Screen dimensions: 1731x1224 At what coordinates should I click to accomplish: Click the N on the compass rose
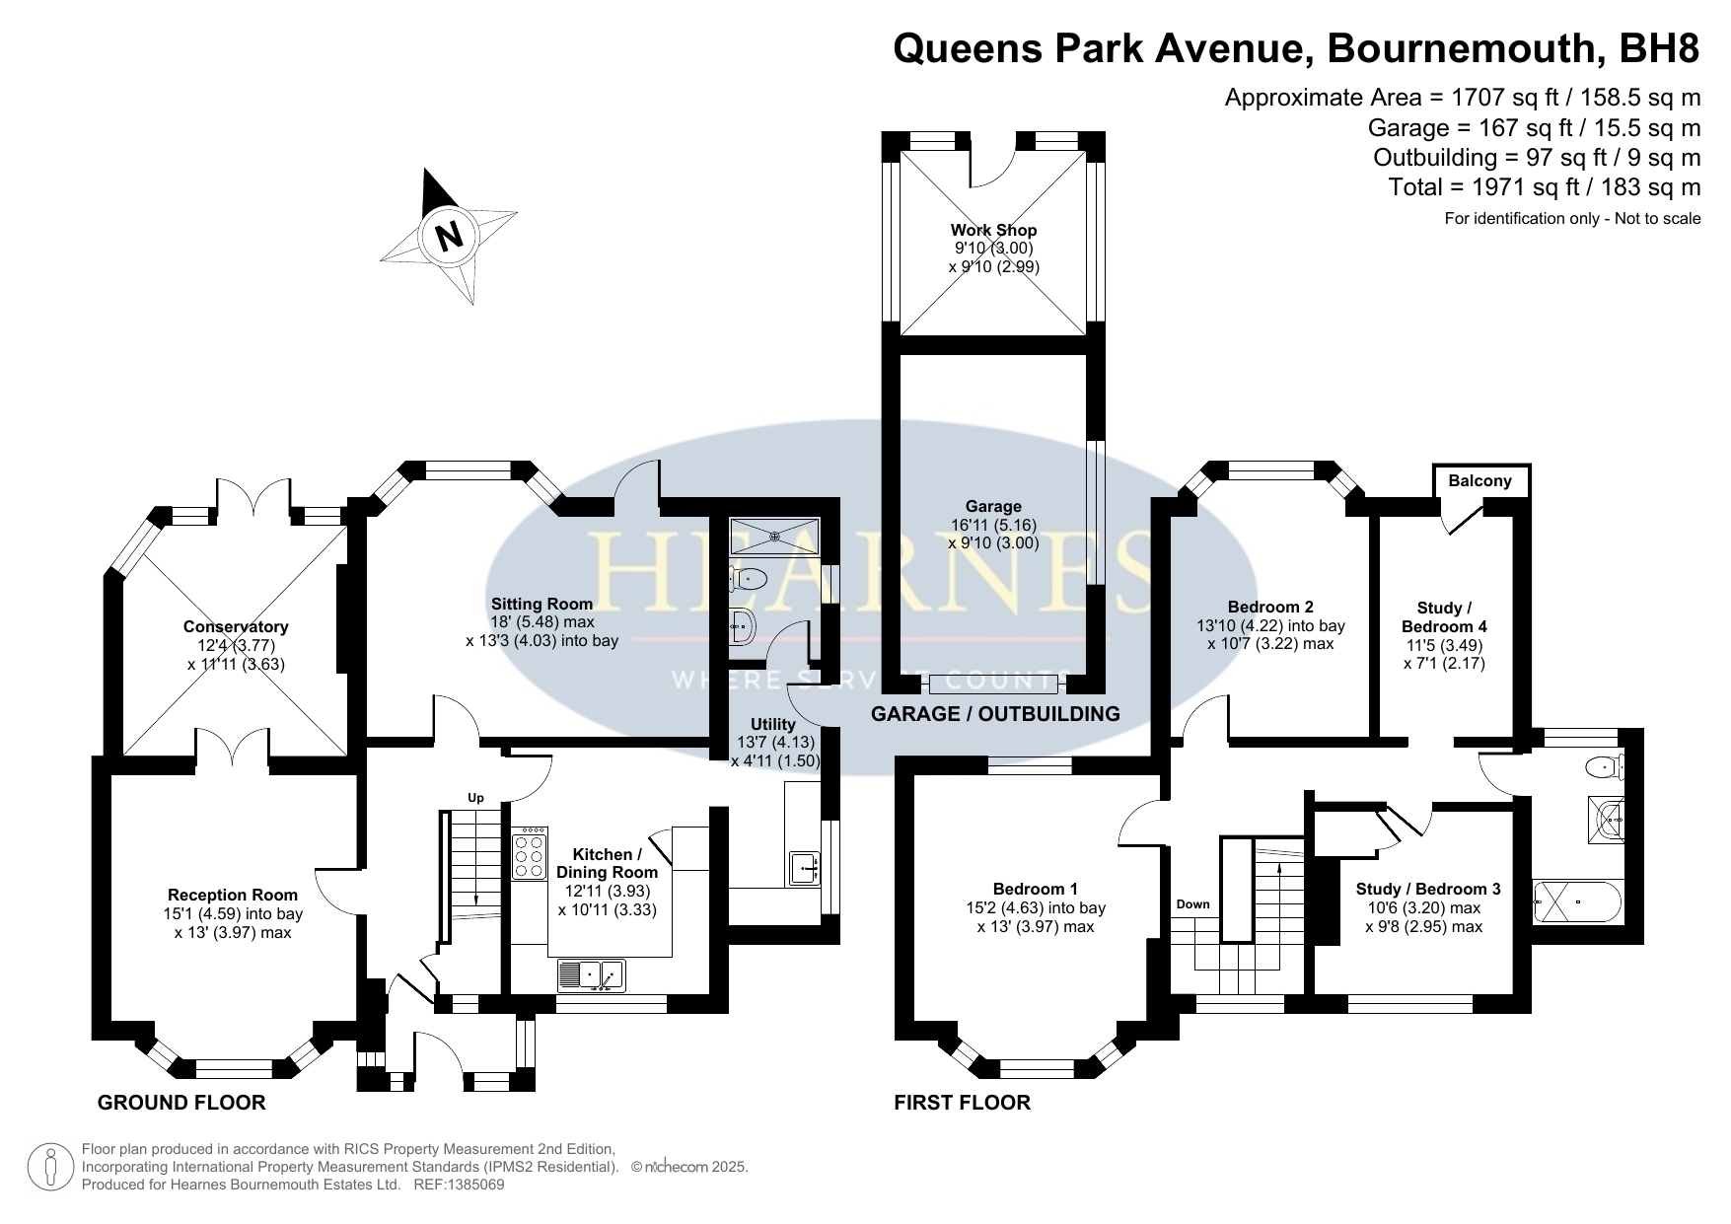pyautogui.click(x=449, y=237)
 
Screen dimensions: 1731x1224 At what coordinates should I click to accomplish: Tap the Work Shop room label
pyautogui.click(x=993, y=230)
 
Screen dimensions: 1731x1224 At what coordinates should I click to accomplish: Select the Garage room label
pyautogui.click(x=993, y=506)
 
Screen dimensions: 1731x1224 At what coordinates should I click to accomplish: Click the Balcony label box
pyautogui.click(x=1479, y=481)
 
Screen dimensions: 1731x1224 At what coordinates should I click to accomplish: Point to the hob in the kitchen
pyautogui.click(x=530, y=852)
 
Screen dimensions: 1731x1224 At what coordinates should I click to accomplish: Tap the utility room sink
pyautogui.click(x=804, y=868)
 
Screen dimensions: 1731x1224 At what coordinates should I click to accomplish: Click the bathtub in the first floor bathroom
pyautogui.click(x=1576, y=901)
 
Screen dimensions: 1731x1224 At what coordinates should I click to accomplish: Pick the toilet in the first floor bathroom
pyautogui.click(x=1604, y=765)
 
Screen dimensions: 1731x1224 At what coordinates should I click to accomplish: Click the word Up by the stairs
pyautogui.click(x=475, y=798)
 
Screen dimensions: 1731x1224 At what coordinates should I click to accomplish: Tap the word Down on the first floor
pyautogui.click(x=1192, y=904)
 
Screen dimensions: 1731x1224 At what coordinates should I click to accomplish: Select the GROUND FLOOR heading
pyautogui.click(x=181, y=1103)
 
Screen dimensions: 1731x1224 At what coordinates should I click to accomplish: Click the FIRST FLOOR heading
pyautogui.click(x=962, y=1103)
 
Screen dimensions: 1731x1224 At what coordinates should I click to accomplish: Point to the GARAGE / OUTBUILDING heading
pyautogui.click(x=995, y=714)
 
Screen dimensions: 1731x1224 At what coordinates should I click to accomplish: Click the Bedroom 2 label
pyautogui.click(x=1270, y=607)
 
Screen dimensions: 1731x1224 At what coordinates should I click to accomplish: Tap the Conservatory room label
pyautogui.click(x=236, y=626)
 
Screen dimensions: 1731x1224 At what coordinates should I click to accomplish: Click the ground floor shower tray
pyautogui.click(x=774, y=537)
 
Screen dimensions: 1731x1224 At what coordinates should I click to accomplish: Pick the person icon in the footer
pyautogui.click(x=48, y=1167)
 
